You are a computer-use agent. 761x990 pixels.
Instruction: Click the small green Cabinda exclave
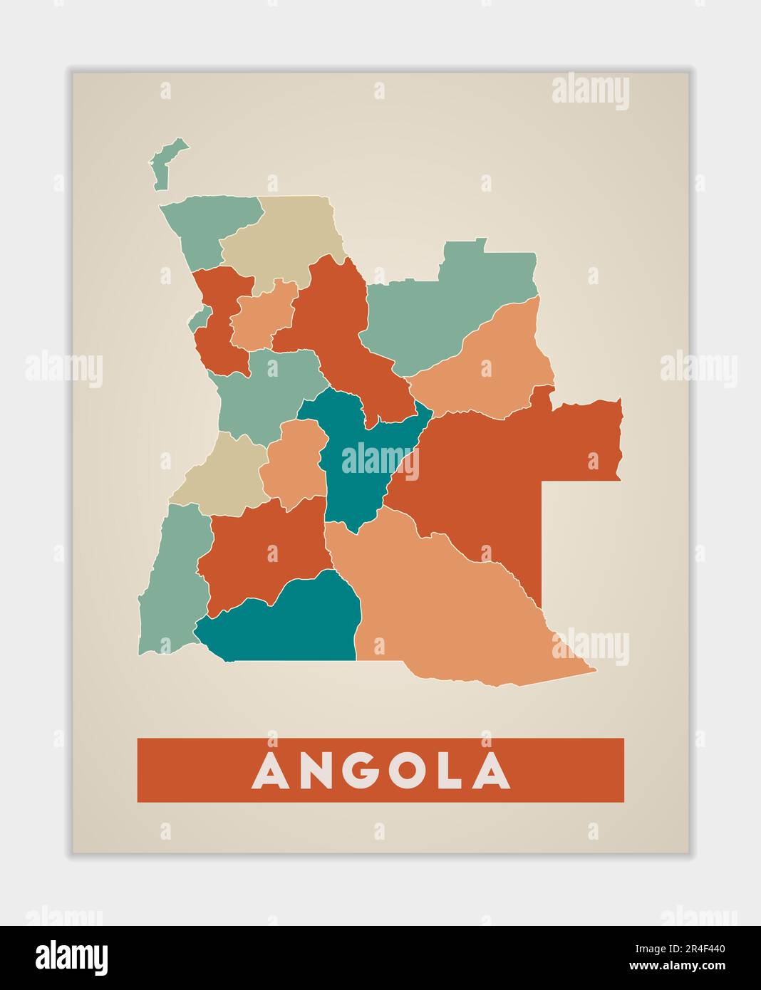click(x=162, y=165)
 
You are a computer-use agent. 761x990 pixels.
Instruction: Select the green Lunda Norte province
click(x=449, y=306)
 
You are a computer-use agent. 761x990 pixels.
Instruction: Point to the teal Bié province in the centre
click(x=353, y=463)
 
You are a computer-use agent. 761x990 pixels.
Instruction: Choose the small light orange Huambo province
click(x=292, y=463)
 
